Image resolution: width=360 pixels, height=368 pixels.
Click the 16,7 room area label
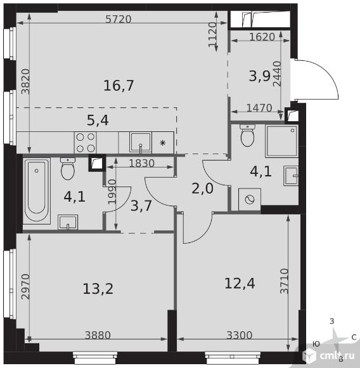(119, 86)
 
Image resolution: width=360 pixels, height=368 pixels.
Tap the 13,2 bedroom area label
(98, 289)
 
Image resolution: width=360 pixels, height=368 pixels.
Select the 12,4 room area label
(240, 283)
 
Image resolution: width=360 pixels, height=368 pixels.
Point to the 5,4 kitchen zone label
(98, 121)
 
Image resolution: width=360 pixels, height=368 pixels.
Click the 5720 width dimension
(118, 19)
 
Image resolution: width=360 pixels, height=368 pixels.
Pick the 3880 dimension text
(98, 335)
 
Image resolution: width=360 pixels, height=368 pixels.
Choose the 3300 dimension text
(240, 335)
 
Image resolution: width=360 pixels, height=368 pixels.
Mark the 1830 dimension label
(142, 163)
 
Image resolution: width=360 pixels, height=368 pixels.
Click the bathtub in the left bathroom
(37, 190)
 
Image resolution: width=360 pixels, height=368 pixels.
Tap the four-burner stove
(86, 143)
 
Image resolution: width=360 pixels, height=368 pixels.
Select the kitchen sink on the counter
(141, 143)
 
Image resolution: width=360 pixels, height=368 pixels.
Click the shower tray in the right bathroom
(281, 141)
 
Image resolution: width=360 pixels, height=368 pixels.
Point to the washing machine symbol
(250, 199)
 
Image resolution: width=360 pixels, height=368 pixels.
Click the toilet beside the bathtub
(68, 169)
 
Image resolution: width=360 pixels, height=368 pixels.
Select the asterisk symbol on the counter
(163, 143)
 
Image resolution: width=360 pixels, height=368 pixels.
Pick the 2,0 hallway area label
(202, 188)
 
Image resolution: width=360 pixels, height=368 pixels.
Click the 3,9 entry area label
(259, 76)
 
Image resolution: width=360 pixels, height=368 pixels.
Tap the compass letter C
(354, 338)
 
